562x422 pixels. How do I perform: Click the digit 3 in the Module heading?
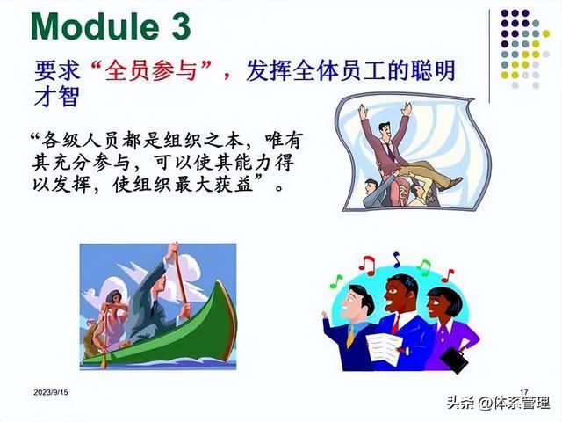tap(181, 26)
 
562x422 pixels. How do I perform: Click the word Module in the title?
tap(95, 26)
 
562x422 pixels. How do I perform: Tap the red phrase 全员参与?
tap(152, 70)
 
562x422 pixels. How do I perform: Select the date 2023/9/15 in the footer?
tap(51, 393)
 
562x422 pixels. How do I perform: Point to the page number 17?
tap(523, 392)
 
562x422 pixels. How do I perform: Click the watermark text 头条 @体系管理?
tap(499, 403)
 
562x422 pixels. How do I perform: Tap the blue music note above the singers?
tap(396, 260)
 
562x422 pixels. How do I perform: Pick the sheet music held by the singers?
tap(383, 350)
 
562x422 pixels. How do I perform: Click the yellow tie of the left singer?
tap(350, 336)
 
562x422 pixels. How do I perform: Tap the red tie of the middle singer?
tap(396, 324)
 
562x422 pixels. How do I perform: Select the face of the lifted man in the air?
tap(385, 132)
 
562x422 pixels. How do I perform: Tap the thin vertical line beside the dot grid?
tap(490, 56)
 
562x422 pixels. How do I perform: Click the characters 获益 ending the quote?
tap(234, 186)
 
